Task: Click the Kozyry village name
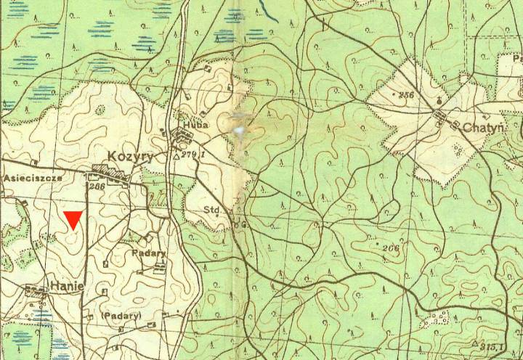coord(129,156)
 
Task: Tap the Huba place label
coord(197,124)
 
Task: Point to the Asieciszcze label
coord(33,176)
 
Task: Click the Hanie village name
coord(67,286)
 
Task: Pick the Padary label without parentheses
coord(149,253)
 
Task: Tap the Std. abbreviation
coord(212,210)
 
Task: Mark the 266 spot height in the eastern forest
coord(391,249)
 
